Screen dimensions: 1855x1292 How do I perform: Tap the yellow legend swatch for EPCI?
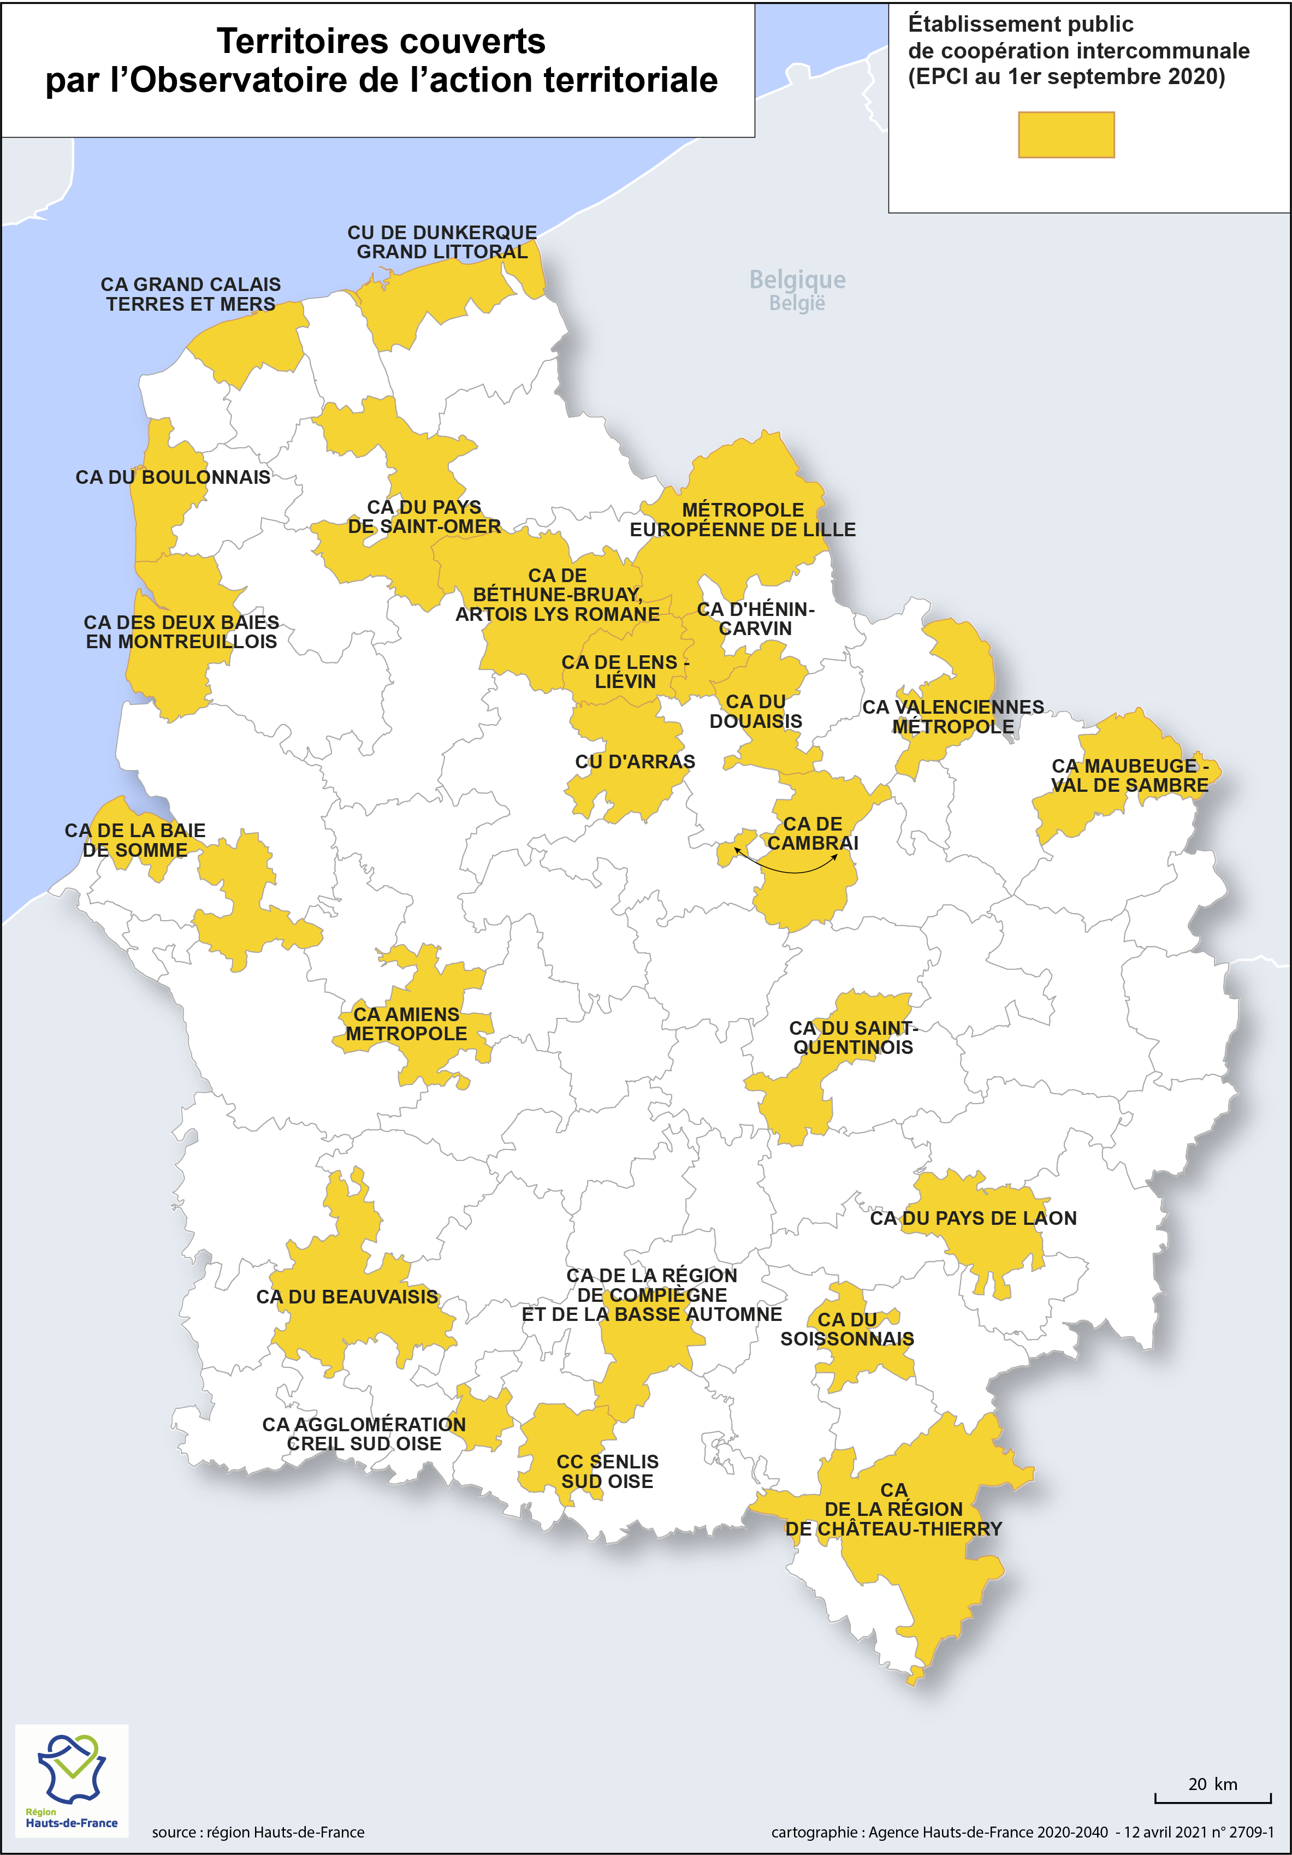pos(1066,135)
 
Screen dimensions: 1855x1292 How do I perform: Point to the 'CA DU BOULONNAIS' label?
pos(173,477)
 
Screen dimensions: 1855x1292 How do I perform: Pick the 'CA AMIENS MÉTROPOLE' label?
pos(406,1024)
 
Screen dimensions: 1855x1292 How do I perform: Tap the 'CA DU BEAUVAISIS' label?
pos(347,1297)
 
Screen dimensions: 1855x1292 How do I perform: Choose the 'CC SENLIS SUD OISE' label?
pos(608,1471)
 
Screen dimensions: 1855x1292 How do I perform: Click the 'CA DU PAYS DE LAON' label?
pos(973,1218)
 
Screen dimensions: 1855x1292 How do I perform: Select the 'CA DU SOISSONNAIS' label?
pos(847,1329)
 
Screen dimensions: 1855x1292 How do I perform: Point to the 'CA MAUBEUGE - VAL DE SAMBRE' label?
pos(1130,775)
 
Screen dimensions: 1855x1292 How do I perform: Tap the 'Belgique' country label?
pos(797,280)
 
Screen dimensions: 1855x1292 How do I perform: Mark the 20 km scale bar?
pos(1213,1798)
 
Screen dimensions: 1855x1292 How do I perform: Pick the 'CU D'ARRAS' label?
pos(635,762)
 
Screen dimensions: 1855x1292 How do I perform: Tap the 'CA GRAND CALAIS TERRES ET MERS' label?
pos(191,294)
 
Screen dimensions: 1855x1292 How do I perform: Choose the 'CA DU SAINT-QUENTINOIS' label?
pos(854,1038)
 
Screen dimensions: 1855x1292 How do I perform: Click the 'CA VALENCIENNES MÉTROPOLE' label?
pos(953,716)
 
